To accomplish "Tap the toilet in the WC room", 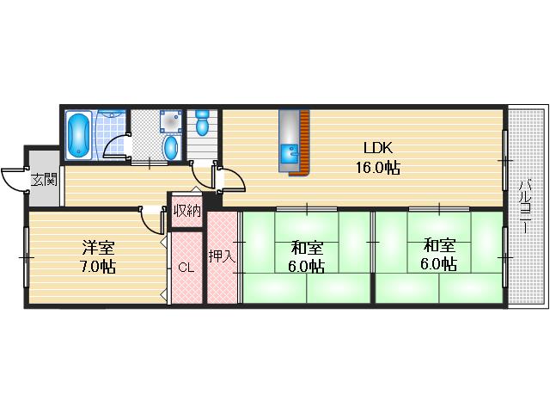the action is pos(202,123).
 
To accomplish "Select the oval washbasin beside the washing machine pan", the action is pos(171,148).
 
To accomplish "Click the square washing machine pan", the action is pos(171,121).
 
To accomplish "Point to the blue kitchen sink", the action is pos(290,153).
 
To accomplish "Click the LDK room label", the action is pos(378,148).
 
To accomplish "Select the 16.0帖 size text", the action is pos(378,168).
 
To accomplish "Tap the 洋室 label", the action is pos(98,247).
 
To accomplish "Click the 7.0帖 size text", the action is pos(98,267).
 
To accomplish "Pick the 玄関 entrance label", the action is pos(44,180).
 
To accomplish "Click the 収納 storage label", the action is pos(187,211).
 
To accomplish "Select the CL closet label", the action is pos(186,268).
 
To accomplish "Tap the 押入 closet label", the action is pos(222,256).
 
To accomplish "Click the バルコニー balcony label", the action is pos(525,206).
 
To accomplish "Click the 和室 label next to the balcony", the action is pos(439,245).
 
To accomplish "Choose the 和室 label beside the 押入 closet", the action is pos(307,248).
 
